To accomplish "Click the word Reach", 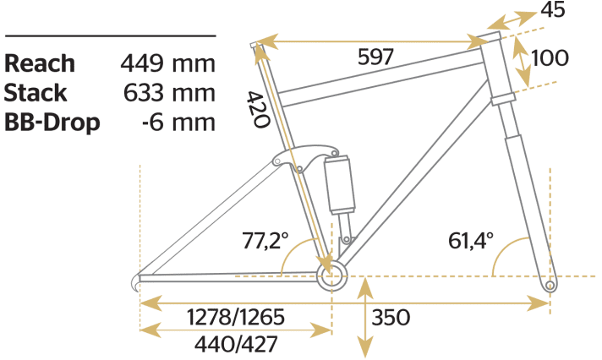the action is tap(40, 63).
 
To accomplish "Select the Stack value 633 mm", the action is tap(169, 93).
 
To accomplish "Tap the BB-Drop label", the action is tap(52, 123).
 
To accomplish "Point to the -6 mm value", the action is tap(178, 123).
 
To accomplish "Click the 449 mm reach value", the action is tap(167, 63).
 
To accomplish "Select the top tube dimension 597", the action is tap(375, 57).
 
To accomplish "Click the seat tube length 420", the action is tap(258, 109).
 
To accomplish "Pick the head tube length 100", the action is tap(550, 58).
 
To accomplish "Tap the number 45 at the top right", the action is tap(553, 9).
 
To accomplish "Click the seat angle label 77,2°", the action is tap(265, 241).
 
